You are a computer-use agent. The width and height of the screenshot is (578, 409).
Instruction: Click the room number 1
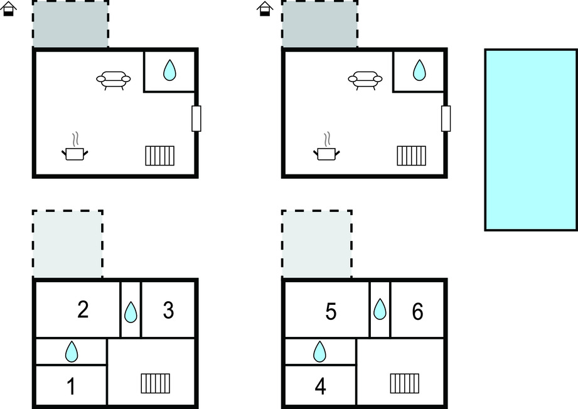[x=71, y=386]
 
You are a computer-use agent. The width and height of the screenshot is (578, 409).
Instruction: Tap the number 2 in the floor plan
[x=83, y=309]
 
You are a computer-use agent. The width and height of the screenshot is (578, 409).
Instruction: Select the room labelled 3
[x=168, y=310]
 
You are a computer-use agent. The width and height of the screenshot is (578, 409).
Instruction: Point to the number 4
[x=320, y=386]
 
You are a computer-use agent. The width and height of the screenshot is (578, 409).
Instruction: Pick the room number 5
[x=331, y=311]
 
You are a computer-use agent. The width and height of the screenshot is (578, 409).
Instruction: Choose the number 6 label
[x=417, y=311]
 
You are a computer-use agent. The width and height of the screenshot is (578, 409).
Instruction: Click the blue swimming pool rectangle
[x=531, y=140]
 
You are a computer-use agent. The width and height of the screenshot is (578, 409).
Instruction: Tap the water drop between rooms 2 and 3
[x=131, y=312]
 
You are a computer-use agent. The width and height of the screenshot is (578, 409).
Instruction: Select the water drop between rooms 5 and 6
[x=380, y=309]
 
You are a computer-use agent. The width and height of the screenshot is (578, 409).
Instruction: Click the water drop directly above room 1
[x=72, y=351]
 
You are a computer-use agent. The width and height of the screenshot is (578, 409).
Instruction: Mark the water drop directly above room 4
[x=319, y=351]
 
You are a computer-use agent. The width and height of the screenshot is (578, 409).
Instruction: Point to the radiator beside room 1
[x=156, y=383]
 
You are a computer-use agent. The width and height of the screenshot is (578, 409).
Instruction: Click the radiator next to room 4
[x=405, y=383]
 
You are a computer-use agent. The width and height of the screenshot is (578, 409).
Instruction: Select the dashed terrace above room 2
[x=67, y=243]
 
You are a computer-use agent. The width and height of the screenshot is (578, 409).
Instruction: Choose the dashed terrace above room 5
[x=317, y=243]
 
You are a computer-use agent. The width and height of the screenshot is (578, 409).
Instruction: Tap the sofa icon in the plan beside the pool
[x=365, y=80]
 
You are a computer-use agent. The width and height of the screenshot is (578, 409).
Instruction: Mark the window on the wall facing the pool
[x=446, y=119]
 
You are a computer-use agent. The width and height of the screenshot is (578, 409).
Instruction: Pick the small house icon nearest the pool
[x=265, y=9]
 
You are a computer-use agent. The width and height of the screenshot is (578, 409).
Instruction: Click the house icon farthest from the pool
[x=9, y=9]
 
